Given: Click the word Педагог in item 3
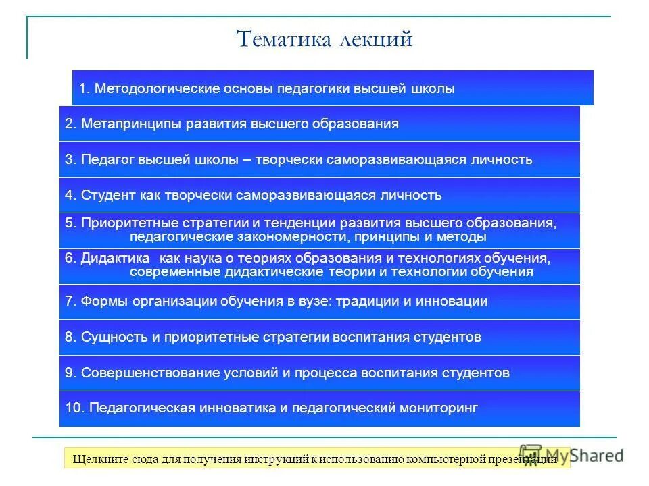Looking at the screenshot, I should [107, 159].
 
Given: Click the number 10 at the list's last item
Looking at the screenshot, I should [73, 408].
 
